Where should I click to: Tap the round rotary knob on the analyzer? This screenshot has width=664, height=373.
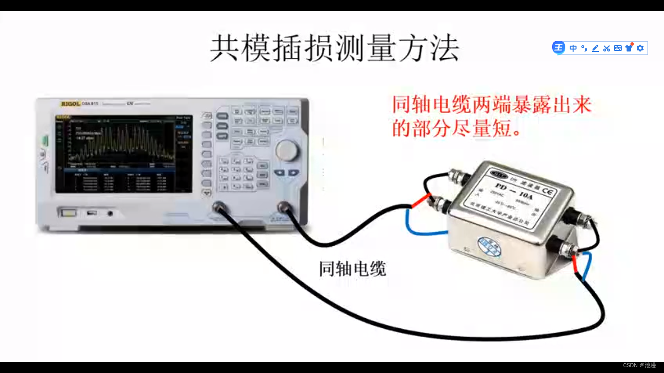coord(287,151)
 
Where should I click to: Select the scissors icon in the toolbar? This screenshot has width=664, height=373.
coord(606,48)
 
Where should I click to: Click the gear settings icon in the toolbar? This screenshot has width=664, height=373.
coord(640,48)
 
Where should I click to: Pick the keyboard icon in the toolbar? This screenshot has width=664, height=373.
coord(618,48)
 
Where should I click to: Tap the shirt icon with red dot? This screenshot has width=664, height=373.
coord(629,48)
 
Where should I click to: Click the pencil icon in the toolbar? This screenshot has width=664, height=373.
coord(595,48)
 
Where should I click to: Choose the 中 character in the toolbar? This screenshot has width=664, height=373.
coord(573,48)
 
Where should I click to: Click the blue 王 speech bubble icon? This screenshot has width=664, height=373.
coord(559,48)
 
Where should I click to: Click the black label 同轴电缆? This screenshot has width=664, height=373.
coord(352,268)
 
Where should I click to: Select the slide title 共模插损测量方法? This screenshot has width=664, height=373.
coord(334,49)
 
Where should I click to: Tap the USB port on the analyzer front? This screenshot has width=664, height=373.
coord(91,213)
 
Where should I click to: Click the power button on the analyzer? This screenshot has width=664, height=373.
coord(69,212)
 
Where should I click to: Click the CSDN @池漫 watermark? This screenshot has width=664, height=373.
coord(639,365)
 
